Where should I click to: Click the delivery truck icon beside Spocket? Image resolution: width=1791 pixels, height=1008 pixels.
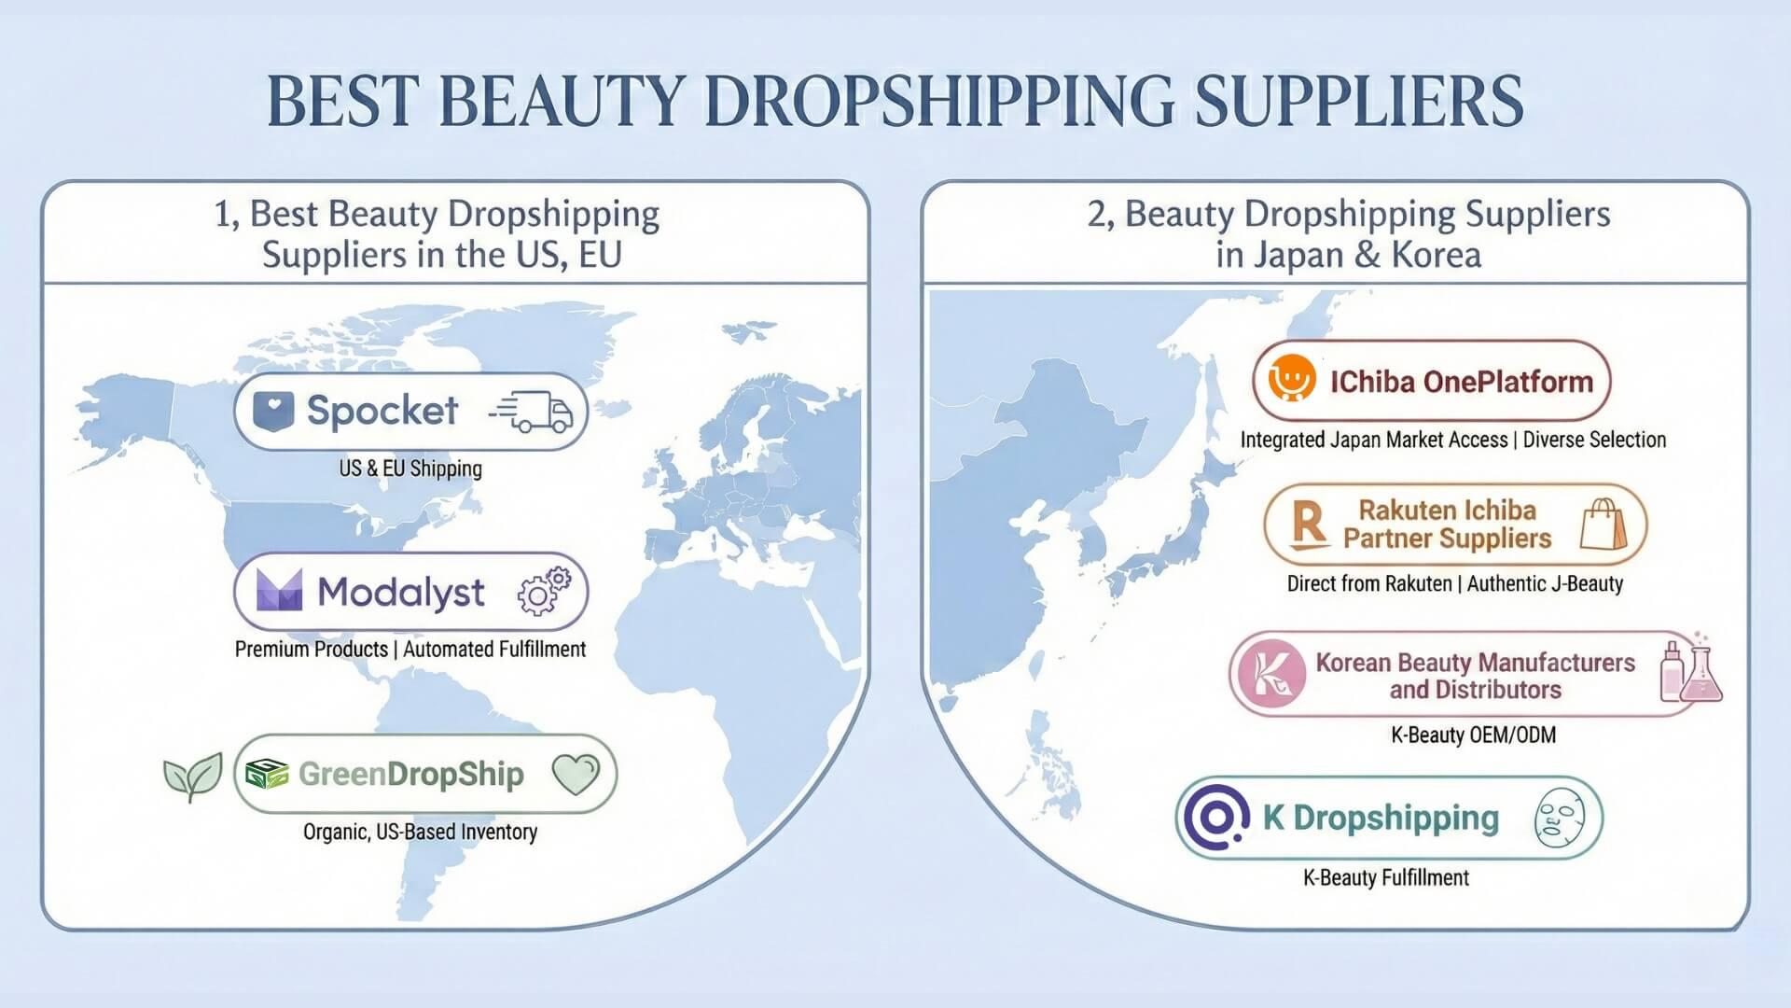pos(531,412)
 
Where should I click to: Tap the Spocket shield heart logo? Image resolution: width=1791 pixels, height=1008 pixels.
pos(273,410)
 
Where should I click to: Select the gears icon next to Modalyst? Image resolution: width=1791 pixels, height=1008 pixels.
pos(545,591)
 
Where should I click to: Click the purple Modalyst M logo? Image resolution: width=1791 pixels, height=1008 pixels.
pos(279,590)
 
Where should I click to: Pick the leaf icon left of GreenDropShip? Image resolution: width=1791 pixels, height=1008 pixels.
pos(193,777)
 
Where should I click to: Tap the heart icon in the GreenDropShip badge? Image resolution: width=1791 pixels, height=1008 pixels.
pos(576,774)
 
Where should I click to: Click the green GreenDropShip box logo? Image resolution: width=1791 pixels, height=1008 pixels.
pos(267,774)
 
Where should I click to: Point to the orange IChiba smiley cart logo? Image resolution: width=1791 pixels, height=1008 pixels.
pos(1292,379)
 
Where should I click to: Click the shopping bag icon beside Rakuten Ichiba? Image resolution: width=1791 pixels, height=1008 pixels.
pos(1603,524)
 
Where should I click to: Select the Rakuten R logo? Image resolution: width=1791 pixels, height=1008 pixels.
pos(1310,524)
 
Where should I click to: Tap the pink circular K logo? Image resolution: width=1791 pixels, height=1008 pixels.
pos(1271,673)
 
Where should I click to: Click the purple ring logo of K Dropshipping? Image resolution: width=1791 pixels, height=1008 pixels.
pos(1216,817)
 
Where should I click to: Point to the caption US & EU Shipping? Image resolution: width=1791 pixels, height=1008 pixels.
pos(410,469)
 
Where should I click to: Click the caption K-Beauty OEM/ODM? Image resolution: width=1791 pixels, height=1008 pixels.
pos(1473,735)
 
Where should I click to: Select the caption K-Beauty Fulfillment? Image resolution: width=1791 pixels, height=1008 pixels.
pos(1385,877)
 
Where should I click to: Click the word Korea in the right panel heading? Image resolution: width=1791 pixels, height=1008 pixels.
pos(1436,255)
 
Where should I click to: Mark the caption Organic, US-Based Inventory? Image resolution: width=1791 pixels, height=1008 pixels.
pos(420,832)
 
